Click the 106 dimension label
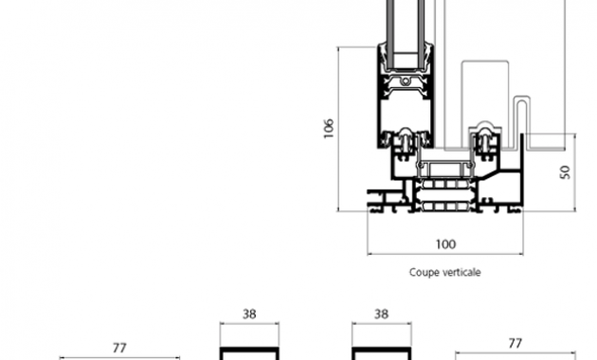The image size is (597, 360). tap(328, 129)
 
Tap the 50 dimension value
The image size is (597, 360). tap(565, 172)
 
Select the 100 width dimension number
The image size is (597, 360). tap(445, 243)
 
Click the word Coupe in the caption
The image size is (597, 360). tap(421, 273)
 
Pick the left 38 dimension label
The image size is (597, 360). tap(249, 315)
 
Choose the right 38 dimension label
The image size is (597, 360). tap(382, 315)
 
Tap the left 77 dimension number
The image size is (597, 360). tap(119, 348)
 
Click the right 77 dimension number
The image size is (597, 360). tap(516, 343)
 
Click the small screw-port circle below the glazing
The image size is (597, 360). tap(406, 81)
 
